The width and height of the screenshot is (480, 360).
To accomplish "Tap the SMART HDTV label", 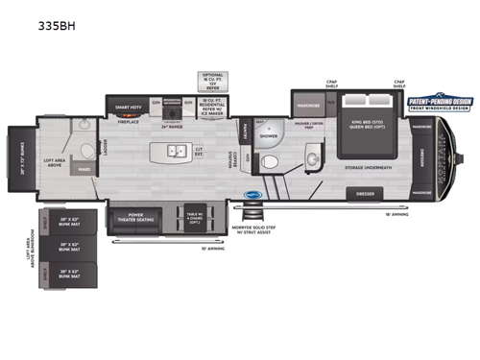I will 129,107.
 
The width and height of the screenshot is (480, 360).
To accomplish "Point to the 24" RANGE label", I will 171,126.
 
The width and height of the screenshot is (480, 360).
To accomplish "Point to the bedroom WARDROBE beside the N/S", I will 308,102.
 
